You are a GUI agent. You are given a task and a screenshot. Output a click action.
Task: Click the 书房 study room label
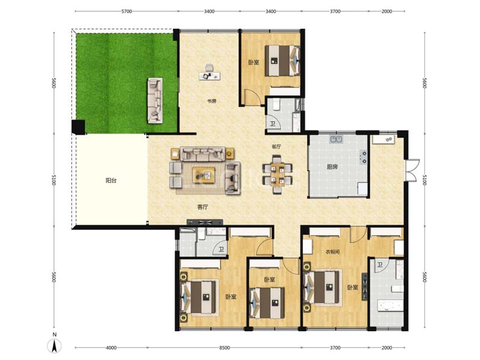pos(212,101)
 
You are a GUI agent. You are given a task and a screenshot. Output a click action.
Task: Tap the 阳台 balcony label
pos(111,181)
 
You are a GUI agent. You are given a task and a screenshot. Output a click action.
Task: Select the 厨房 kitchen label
pos(332,167)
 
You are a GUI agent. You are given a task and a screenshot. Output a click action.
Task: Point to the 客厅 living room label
pos(203,207)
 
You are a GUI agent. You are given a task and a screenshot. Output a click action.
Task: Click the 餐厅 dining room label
pos(276,146)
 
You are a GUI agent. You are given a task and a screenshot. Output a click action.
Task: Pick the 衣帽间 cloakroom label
pos(332,252)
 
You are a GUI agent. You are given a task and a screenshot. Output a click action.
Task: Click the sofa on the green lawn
pos(155,100)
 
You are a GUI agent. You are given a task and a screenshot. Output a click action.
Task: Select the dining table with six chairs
pos(277,175)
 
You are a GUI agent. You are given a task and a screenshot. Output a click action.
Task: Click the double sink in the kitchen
pos(337,139)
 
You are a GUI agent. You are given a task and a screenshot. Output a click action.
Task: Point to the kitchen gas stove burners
pos(364,157)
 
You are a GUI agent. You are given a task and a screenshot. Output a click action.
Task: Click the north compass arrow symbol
pos(55,346)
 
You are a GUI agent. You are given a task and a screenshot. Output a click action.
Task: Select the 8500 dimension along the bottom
pos(224,348)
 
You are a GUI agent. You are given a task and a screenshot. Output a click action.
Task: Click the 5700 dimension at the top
pos(127,11)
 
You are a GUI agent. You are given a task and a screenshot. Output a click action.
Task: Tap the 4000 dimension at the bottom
pos(111,348)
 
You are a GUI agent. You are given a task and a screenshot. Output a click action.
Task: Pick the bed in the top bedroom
pos(282,61)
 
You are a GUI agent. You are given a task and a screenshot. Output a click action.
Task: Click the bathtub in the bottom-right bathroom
pos(389,306)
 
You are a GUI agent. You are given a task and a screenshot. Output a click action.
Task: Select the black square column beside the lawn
pos(79,127)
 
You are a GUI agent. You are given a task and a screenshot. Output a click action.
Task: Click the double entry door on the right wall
pos(412,170)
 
